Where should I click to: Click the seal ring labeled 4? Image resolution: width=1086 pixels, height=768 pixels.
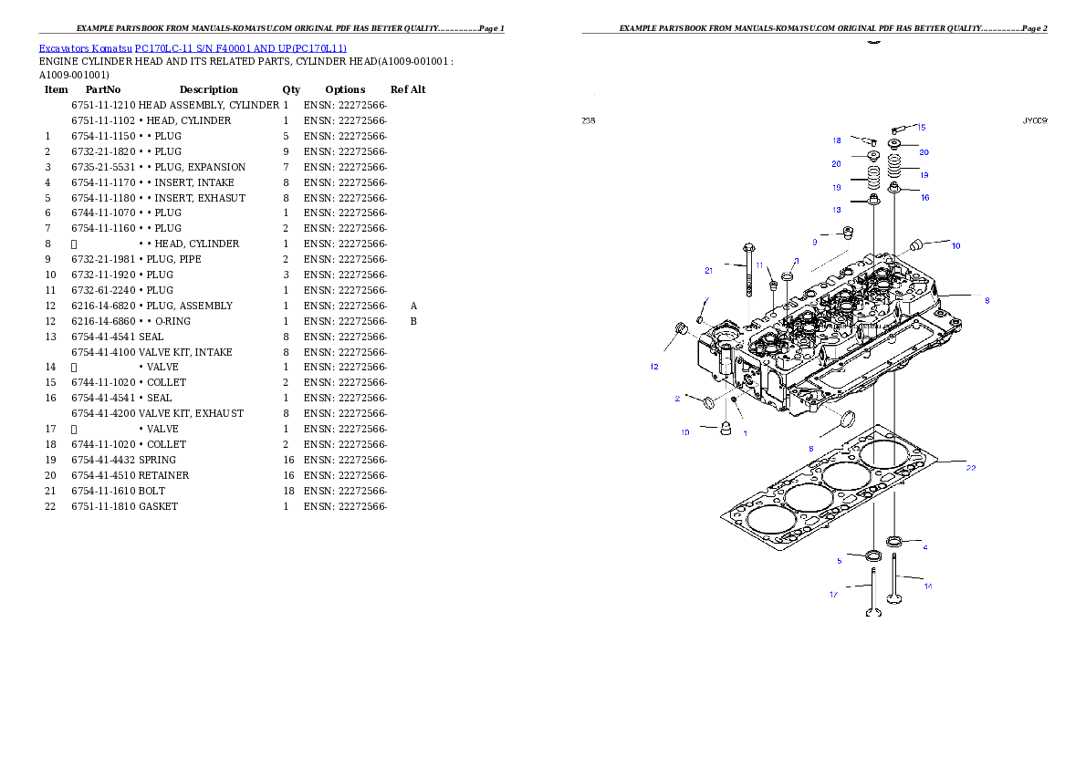click(x=894, y=542)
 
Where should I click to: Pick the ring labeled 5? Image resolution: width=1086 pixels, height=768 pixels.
click(x=873, y=555)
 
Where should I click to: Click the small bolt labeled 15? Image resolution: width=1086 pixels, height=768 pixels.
click(x=896, y=130)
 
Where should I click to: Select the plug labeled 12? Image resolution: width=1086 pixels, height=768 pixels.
click(x=679, y=328)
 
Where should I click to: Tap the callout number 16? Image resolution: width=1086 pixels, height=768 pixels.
click(x=924, y=197)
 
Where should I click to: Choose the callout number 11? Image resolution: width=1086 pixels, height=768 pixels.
click(x=758, y=265)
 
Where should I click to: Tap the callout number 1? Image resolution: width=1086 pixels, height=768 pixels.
click(x=745, y=433)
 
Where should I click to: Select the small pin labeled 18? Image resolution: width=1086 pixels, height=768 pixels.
click(x=870, y=141)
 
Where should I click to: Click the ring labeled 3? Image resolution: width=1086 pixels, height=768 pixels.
click(x=787, y=275)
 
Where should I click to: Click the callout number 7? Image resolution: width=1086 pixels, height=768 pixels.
click(x=705, y=300)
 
